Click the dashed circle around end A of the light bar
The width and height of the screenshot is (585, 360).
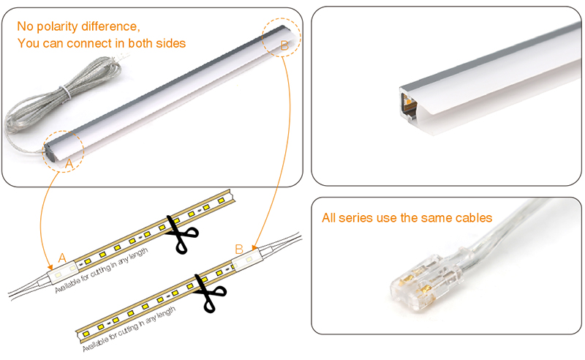64,150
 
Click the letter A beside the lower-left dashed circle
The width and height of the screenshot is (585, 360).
69,164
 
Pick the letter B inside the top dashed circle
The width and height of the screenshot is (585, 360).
285,45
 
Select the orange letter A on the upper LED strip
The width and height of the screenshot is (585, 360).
62,257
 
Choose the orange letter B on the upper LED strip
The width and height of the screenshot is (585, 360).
238,249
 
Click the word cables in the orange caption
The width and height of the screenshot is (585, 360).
472,218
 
